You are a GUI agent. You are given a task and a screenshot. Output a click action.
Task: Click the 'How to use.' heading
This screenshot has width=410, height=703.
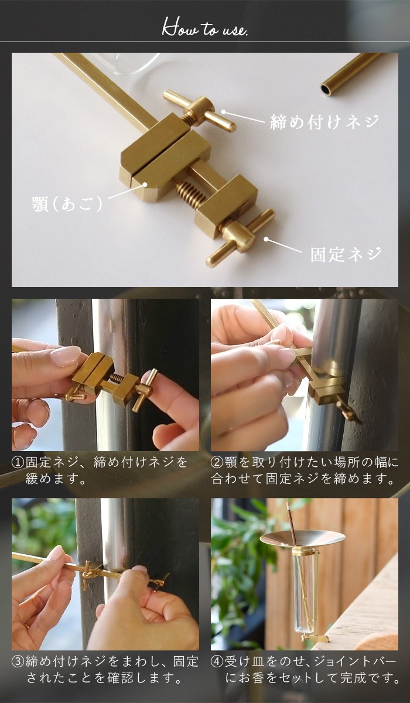click(204, 28)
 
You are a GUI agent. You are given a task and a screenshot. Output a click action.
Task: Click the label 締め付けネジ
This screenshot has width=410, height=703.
click(324, 122)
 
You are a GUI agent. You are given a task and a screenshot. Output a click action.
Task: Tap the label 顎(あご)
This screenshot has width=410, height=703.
click(67, 204)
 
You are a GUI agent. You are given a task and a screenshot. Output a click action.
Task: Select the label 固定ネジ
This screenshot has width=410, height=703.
click(346, 254)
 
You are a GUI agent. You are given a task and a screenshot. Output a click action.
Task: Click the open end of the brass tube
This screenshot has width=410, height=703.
click(326, 90)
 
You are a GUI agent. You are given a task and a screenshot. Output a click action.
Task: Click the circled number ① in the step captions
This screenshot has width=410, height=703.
click(18, 463)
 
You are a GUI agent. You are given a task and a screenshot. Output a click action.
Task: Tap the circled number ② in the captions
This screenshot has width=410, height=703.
click(217, 463)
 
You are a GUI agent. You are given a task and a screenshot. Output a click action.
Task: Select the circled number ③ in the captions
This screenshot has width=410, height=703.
click(18, 662)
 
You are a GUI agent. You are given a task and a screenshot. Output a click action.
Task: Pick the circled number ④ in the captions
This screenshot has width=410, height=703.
click(217, 662)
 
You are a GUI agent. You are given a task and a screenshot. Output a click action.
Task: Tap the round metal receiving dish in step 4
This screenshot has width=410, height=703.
click(301, 539)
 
